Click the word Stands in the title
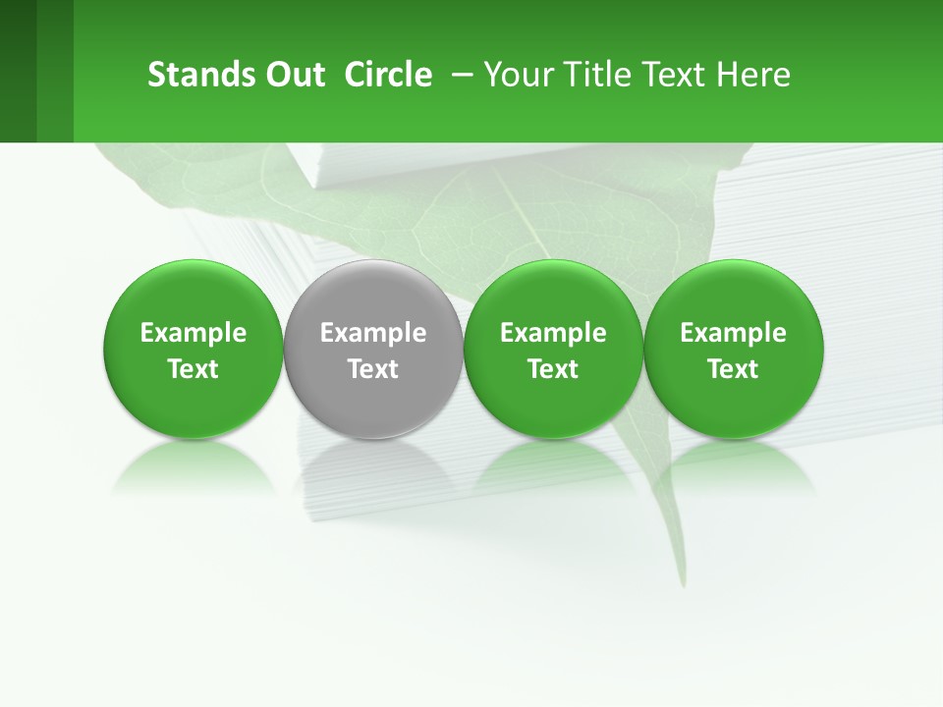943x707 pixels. click(x=192, y=75)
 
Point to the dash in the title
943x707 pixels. click(x=458, y=75)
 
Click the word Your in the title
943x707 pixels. click(x=513, y=75)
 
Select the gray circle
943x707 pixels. click(x=373, y=295)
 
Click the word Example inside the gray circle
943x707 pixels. click(x=373, y=333)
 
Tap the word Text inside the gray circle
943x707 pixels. click(x=373, y=369)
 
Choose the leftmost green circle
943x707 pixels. click(x=193, y=295)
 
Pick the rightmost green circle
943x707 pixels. click(x=733, y=295)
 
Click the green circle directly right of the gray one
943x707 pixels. click(x=553, y=295)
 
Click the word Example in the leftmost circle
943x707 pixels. click(x=193, y=333)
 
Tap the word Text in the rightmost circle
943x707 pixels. click(x=733, y=369)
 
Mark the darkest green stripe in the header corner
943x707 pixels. click(x=18, y=71)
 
